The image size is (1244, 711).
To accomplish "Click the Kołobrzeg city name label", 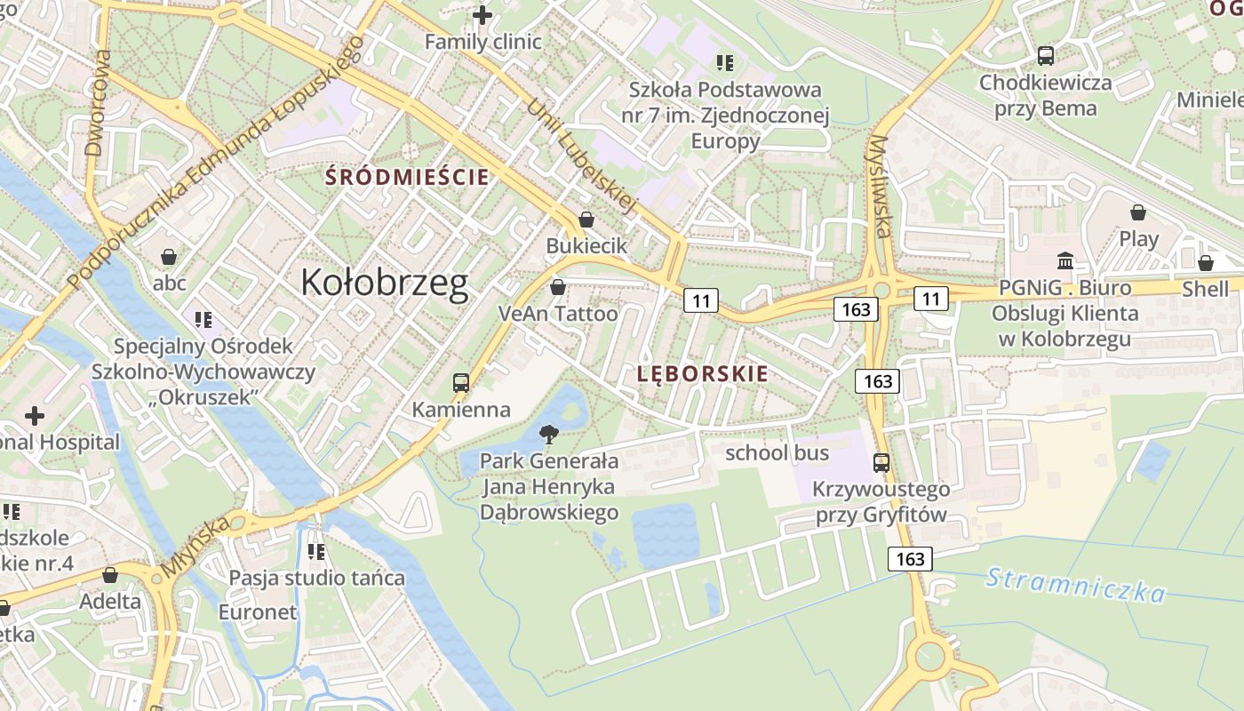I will pos(384,283).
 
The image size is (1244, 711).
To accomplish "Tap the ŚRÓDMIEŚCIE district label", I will pos(407,177).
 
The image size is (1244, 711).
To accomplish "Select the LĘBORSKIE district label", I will pos(702,374).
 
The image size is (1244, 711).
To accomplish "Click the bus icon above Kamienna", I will pos(460,383).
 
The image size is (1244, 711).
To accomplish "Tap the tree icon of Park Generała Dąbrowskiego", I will pos(549,435).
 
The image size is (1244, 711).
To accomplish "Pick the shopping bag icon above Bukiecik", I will pos(586,220).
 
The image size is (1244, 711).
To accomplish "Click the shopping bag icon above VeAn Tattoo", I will pos(558,287).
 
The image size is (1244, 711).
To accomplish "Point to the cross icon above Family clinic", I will pos(482,15).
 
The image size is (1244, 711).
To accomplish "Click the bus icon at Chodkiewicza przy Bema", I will pos(1046,56).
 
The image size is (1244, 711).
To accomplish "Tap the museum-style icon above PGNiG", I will pos(1065,261).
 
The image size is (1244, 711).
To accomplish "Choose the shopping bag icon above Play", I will pos(1137,212).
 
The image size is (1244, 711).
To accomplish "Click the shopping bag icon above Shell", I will pos(1206,263).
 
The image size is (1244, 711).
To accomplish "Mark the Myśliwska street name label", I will pos(880,187).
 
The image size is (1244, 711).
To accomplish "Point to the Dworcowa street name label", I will pos(99,102).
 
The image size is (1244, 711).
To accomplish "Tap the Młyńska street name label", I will pos(195,547).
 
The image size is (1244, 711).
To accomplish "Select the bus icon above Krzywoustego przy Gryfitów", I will pos(881,462).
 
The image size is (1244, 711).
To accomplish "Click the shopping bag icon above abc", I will pos(169,258).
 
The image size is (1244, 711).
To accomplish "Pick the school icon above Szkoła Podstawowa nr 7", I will pos(725,63).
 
